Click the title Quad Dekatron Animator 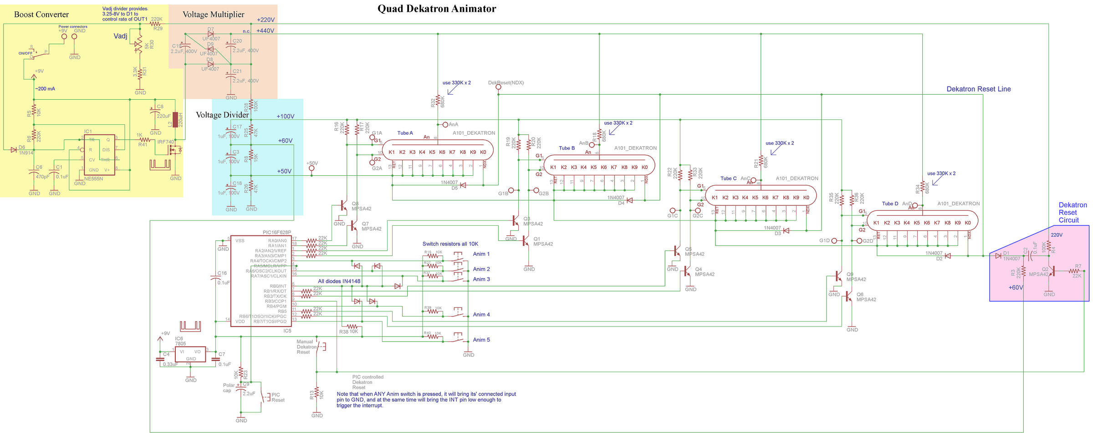[436, 8]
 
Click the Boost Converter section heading [41, 15]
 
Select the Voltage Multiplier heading [213, 15]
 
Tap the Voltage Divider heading [222, 115]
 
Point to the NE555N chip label [93, 178]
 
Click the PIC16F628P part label [276, 232]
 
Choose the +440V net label [265, 31]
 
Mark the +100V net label [285, 117]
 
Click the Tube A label [405, 133]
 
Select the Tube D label [890, 204]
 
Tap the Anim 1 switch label [481, 254]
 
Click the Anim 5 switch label [481, 340]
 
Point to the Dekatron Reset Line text [978, 89]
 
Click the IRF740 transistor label [166, 142]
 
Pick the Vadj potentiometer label [120, 36]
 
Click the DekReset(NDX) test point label [506, 83]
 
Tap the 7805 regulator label [180, 344]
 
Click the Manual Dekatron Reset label [306, 347]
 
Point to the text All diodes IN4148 [339, 281]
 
